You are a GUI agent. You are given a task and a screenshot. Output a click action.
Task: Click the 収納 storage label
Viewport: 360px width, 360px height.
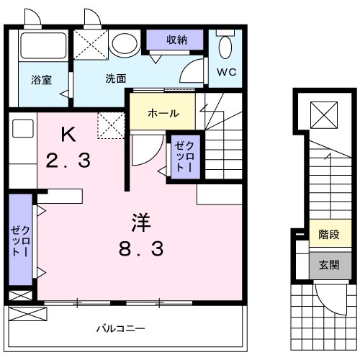(x=177, y=40)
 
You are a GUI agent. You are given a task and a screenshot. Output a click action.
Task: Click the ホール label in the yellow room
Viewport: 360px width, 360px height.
(x=163, y=113)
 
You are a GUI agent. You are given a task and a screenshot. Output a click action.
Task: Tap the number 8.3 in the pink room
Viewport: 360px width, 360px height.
(x=140, y=250)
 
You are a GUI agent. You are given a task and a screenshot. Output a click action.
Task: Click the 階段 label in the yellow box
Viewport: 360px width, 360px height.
(x=324, y=235)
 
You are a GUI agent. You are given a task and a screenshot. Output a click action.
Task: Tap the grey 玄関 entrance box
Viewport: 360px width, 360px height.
(x=324, y=264)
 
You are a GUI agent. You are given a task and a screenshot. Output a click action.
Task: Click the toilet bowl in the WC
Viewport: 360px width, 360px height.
(x=225, y=48)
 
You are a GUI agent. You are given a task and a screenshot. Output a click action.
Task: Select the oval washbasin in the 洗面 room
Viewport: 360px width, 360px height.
(x=127, y=44)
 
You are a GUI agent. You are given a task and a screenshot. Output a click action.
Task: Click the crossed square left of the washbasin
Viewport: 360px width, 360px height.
(x=91, y=42)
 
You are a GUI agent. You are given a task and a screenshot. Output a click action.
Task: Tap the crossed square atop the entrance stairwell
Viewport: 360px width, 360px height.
(x=323, y=113)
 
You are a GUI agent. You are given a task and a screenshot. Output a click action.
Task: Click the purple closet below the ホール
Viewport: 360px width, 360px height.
(x=180, y=156)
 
